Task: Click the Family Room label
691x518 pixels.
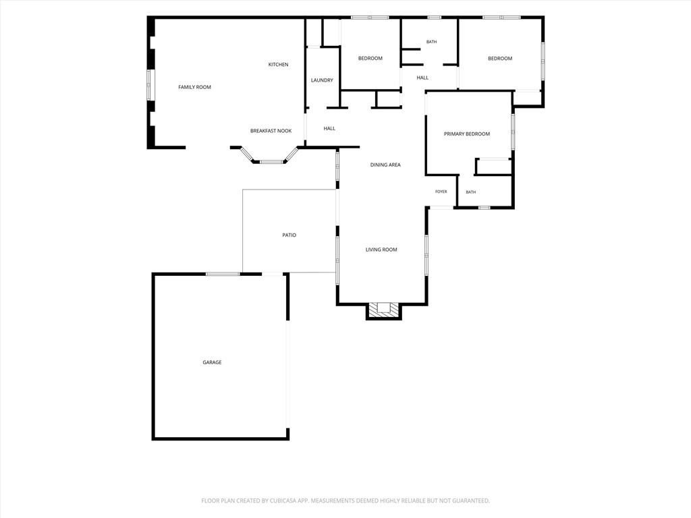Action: point(194,87)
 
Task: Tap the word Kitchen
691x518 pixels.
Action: point(279,65)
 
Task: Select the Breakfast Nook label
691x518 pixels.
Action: point(271,131)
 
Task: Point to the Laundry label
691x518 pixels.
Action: point(322,80)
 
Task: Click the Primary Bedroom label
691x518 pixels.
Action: point(467,134)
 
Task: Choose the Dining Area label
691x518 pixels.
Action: point(385,165)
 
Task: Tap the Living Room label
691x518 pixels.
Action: point(381,250)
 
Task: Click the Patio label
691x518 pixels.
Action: point(289,235)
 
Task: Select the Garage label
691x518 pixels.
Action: point(212,362)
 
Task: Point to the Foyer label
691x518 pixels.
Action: point(441,192)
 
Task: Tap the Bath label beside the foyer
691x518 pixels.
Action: point(470,192)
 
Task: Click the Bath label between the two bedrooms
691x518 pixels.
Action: point(431,42)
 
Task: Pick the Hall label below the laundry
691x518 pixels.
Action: point(329,129)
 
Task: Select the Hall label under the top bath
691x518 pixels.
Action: point(422,78)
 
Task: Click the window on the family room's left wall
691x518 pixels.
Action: point(149,84)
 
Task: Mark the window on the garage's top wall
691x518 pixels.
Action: point(223,274)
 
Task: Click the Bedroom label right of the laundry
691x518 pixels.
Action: point(370,59)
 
